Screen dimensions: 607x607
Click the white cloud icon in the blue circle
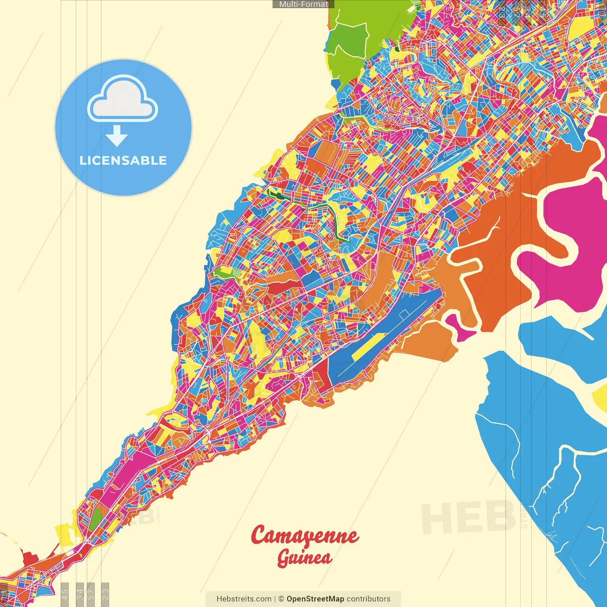pyautogui.click(x=122, y=100)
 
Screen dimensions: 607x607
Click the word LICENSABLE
pyautogui.click(x=123, y=160)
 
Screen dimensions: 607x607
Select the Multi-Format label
pyautogui.click(x=303, y=4)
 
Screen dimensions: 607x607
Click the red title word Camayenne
pyautogui.click(x=304, y=536)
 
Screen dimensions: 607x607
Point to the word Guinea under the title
pyautogui.click(x=304, y=558)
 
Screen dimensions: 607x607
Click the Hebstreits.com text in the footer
pyautogui.click(x=244, y=599)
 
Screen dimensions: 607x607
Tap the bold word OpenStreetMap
pyautogui.click(x=315, y=599)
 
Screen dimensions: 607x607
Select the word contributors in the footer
pyautogui.click(x=368, y=599)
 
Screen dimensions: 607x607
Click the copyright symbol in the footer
pyautogui.click(x=281, y=599)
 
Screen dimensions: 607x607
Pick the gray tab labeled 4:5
pyautogui.click(x=65, y=593)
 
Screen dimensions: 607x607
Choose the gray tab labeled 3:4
pyautogui.click(x=80, y=593)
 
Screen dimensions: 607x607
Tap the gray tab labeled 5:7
pyautogui.click(x=91, y=593)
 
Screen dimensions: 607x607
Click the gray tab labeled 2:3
pyautogui.click(x=105, y=593)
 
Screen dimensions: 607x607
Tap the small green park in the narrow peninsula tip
pyautogui.click(x=97, y=519)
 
